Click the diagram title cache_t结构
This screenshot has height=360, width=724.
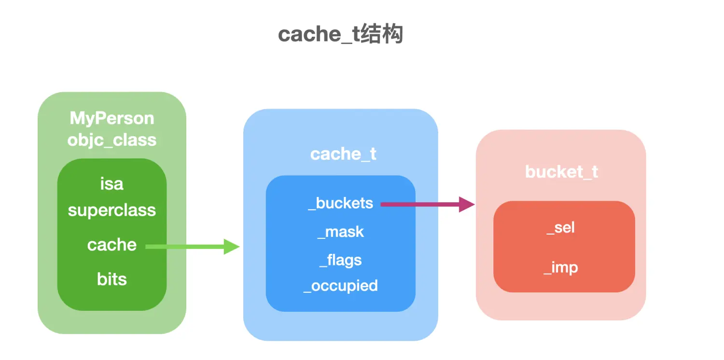click(x=340, y=34)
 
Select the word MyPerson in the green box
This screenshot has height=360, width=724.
click(x=112, y=118)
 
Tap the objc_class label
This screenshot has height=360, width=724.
click(x=112, y=140)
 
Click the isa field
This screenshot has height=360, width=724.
click(x=112, y=184)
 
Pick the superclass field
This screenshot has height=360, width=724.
click(x=112, y=210)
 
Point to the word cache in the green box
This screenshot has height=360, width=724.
click(x=112, y=245)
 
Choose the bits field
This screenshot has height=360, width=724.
click(x=112, y=279)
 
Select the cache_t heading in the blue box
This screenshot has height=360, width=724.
click(x=343, y=154)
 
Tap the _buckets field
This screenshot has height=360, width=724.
click(x=341, y=203)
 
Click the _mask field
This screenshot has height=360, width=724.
click(x=341, y=232)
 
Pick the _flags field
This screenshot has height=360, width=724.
click(x=341, y=260)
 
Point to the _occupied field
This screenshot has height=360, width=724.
click(x=341, y=286)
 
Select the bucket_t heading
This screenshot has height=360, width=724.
click(x=561, y=172)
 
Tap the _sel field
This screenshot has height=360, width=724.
click(x=561, y=227)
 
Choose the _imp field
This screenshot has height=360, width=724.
click(x=561, y=267)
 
